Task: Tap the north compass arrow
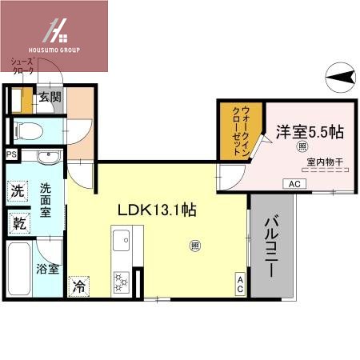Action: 342,77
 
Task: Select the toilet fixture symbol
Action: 24,129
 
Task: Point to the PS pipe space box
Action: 11,154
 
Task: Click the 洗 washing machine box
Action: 18,191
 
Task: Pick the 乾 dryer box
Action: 18,223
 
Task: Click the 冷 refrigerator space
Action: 78,285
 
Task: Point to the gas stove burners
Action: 122,280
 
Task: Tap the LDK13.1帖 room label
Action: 158,211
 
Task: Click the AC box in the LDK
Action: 239,282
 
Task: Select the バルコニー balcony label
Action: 271,246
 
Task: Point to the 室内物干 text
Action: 324,162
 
